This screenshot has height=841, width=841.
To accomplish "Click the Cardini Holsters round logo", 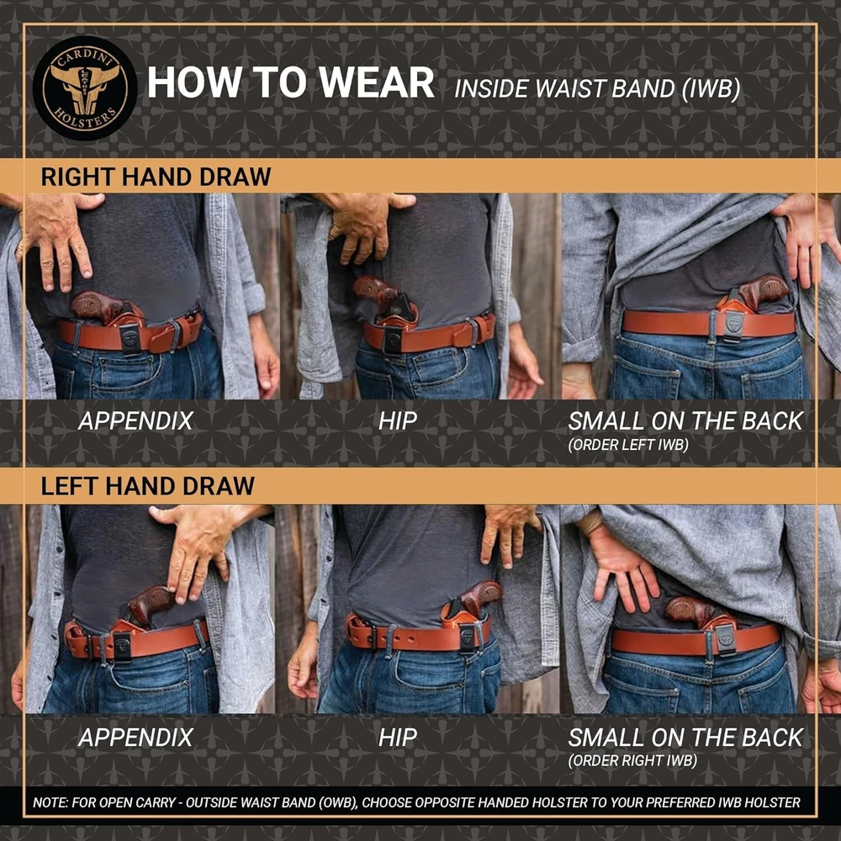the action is coord(85,88).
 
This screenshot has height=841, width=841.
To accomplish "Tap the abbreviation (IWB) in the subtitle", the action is coord(711,88).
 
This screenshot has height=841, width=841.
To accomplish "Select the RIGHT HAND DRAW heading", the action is coord(156,177).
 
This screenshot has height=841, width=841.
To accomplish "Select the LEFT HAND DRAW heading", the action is coord(147,486).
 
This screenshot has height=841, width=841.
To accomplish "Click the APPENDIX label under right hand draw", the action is coord(135,421).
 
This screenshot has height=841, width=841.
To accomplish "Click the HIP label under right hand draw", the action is coord(398,421).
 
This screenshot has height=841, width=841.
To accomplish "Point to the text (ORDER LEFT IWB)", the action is coord(628,445).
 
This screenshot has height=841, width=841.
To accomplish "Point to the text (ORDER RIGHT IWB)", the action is coord(632,760).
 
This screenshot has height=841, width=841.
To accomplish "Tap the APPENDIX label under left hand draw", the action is coord(135,738).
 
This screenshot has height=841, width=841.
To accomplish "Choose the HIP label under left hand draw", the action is coord(398,738).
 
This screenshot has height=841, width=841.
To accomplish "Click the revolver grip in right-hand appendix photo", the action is coord(97,306).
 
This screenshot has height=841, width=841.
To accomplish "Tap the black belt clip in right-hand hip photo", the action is coord(393,340).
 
